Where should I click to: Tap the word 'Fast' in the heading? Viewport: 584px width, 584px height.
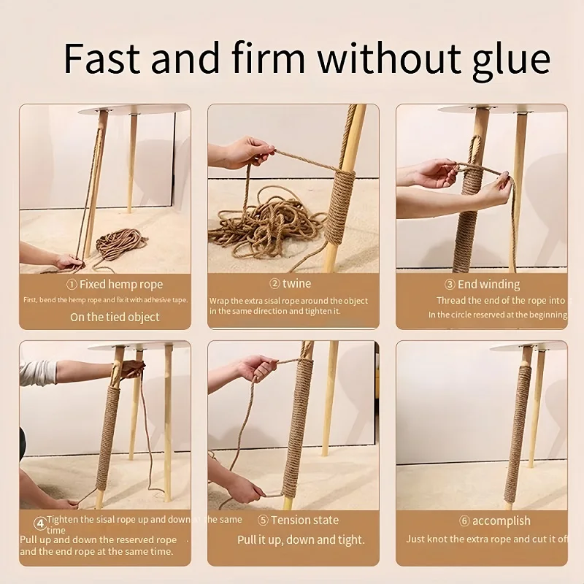pyautogui.click(x=107, y=58)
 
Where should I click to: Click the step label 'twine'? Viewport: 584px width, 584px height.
pyautogui.click(x=296, y=284)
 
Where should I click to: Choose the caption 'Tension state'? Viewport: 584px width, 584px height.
pyautogui.click(x=304, y=520)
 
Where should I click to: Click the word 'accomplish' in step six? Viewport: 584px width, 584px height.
pyautogui.click(x=501, y=520)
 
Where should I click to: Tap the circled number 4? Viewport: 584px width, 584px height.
pyautogui.click(x=39, y=523)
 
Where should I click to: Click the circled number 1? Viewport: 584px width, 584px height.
pyautogui.click(x=72, y=284)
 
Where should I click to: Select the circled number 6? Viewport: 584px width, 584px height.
pyautogui.click(x=464, y=520)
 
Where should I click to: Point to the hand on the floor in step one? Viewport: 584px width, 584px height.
pyautogui.click(x=67, y=261)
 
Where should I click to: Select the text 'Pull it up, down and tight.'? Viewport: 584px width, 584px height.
pyautogui.click(x=301, y=540)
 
